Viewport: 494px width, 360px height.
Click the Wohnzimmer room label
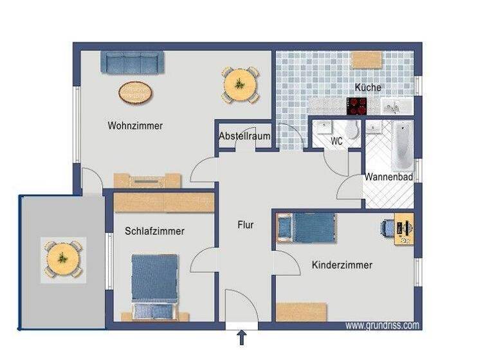point(135,126)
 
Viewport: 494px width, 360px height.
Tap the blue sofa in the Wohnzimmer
point(133,63)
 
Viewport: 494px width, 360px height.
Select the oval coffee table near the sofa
point(136,93)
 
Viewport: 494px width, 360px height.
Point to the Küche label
point(368,87)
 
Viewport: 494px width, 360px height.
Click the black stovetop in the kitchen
point(357,106)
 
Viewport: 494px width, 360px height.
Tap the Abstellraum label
point(244,136)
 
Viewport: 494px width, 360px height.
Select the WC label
point(336,141)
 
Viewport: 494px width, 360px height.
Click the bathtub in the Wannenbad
point(401,145)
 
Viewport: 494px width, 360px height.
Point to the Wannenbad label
point(389,177)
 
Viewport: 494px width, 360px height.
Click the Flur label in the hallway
point(245,225)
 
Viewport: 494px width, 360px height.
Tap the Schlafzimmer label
point(155,231)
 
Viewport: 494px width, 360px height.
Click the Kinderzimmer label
point(342,265)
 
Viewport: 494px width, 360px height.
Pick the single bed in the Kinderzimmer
point(308,228)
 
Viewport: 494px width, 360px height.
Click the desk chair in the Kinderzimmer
point(389,227)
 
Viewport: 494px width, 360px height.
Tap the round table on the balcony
point(62,258)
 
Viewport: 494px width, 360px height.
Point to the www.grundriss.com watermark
point(382,326)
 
